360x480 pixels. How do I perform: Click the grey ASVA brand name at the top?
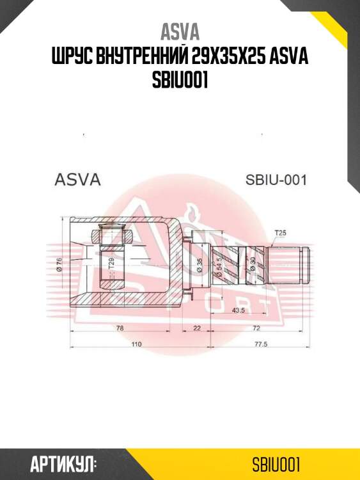tap(180, 32)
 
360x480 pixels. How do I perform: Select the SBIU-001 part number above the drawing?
tap(276, 180)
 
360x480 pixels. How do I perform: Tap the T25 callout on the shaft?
tap(280, 232)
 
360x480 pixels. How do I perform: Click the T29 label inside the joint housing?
tap(111, 262)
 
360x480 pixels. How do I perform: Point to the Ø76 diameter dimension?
tap(59, 264)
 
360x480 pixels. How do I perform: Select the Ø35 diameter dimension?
tap(200, 264)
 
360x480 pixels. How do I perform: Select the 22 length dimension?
tap(197, 328)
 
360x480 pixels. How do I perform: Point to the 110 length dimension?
tap(136, 345)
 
